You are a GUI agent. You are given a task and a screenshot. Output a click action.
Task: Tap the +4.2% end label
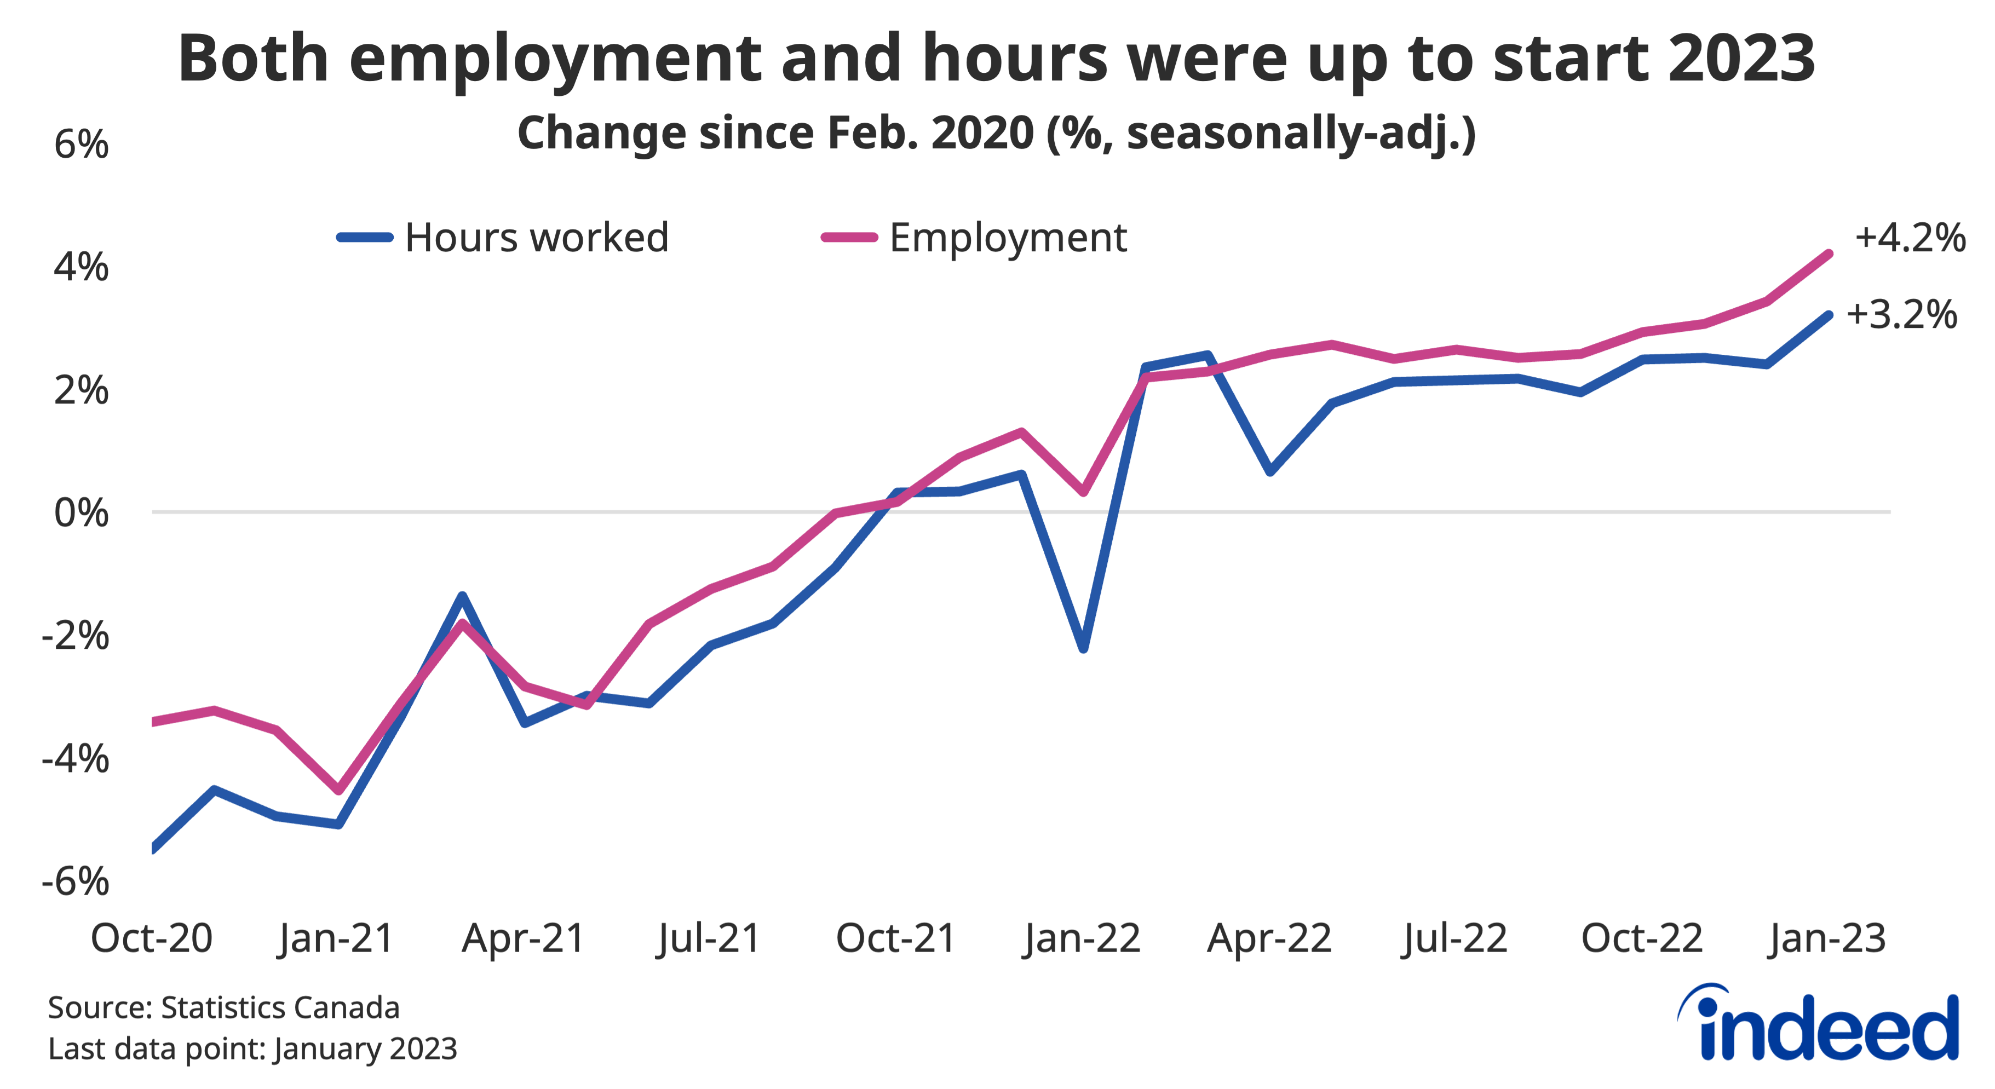(1909, 238)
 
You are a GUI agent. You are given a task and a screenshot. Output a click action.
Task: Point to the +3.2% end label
(1901, 315)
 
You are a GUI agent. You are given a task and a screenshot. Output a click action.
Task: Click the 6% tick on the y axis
(81, 145)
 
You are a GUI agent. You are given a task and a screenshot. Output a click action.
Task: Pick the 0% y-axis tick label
(81, 512)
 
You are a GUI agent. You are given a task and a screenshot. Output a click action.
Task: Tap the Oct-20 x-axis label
(152, 939)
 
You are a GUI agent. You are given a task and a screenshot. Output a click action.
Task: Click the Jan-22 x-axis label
(1082, 939)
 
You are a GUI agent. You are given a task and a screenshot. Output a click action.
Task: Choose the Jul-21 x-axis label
(709, 939)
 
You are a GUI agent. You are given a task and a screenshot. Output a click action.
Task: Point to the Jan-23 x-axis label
(1827, 939)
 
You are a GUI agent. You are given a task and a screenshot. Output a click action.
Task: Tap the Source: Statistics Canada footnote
(224, 1007)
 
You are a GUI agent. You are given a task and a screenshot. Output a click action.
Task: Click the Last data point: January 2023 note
(252, 1048)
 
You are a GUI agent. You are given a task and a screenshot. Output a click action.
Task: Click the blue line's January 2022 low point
(1083, 648)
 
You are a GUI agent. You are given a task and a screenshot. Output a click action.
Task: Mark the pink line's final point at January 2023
(1829, 254)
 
